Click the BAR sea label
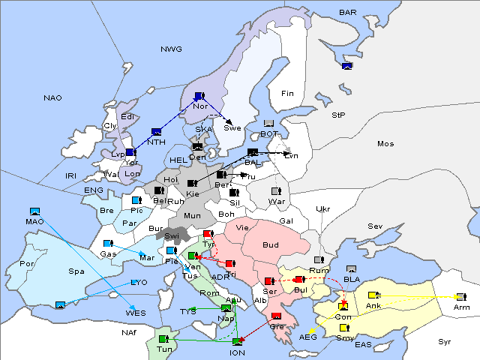pyautogui.click(x=348, y=13)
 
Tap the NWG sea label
pyautogui.click(x=171, y=49)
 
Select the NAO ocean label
pyautogui.click(x=53, y=98)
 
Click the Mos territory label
pyautogui.click(x=385, y=143)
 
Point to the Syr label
pyautogui.click(x=445, y=341)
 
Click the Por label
pyautogui.click(x=27, y=264)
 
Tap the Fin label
pyautogui.click(x=287, y=93)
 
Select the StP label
pyautogui.click(x=338, y=115)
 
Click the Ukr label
pyautogui.click(x=322, y=208)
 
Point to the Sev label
pyautogui.click(x=374, y=226)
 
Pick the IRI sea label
pyautogui.click(x=71, y=175)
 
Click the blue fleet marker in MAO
pyautogui.click(x=34, y=212)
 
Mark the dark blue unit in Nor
pyautogui.click(x=199, y=96)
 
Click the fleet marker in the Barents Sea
pyautogui.click(x=346, y=67)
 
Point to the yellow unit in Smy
pyautogui.click(x=344, y=328)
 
